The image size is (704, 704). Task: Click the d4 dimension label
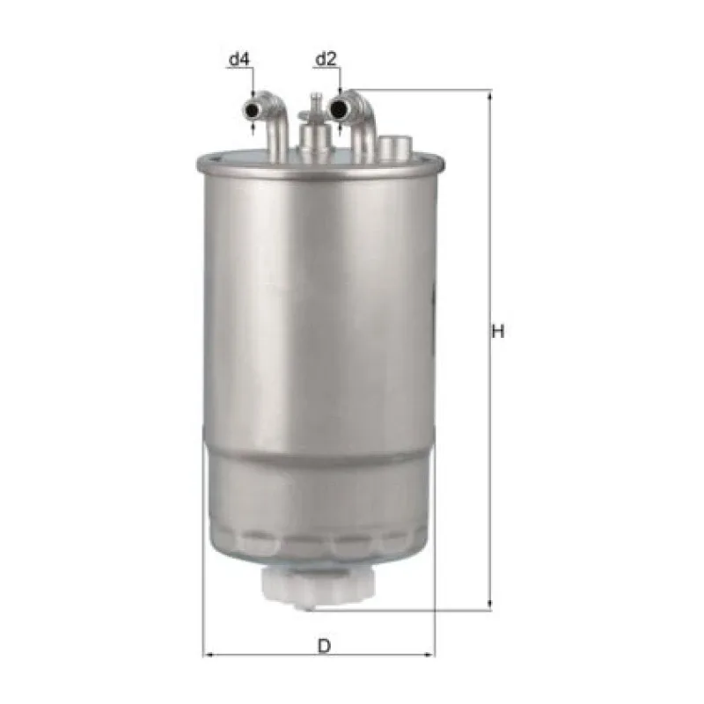pyautogui.click(x=239, y=59)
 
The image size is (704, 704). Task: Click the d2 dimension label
pyautogui.click(x=326, y=59)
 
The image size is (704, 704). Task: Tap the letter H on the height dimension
pyautogui.click(x=498, y=332)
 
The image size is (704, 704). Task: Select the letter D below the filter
pyautogui.click(x=324, y=646)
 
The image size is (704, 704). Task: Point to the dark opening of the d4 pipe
pyautogui.click(x=253, y=109)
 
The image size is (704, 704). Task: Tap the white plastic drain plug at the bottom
pyautogui.click(x=318, y=586)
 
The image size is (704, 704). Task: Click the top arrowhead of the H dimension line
pyautogui.click(x=490, y=95)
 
